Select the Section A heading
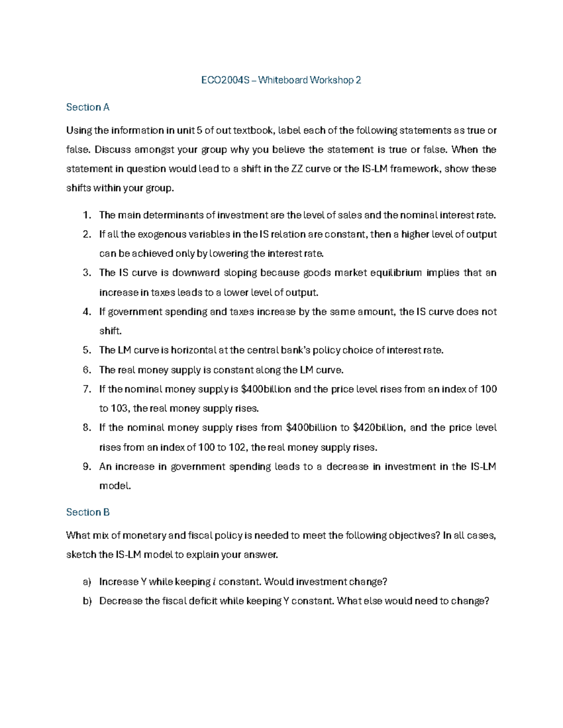click(88, 107)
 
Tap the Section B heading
click(88, 512)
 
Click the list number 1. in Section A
click(86, 215)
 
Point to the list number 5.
click(86, 350)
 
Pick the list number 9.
click(86, 466)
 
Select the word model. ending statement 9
click(115, 486)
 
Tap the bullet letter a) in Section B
click(87, 582)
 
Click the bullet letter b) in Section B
click(87, 601)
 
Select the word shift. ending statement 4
click(110, 331)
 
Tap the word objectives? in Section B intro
click(414, 535)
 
